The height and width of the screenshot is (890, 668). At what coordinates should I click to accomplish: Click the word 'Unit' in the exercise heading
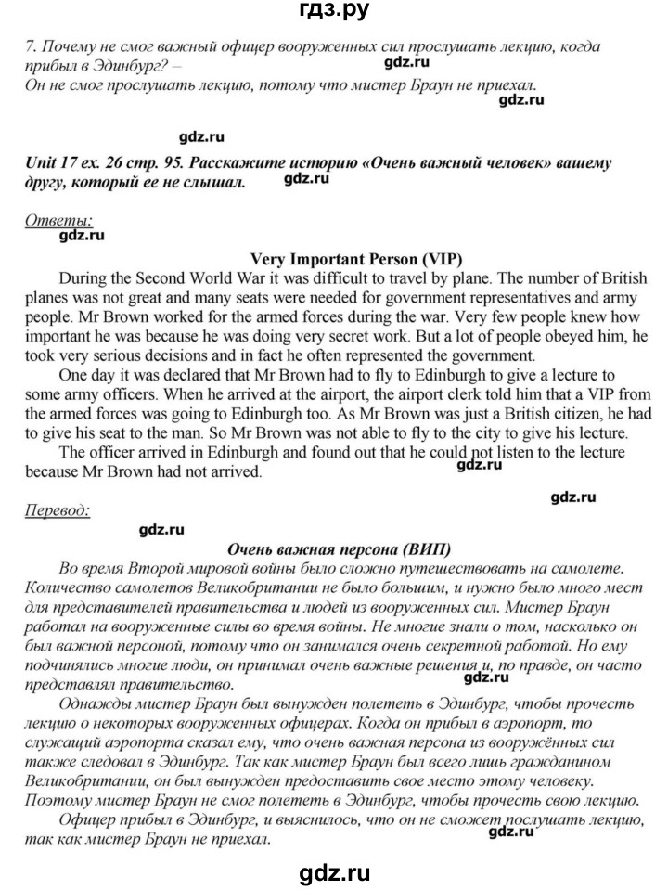coord(43,163)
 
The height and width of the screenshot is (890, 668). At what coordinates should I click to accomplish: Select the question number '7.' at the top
coord(31,47)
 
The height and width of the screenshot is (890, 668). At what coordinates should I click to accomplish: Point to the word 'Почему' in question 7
coord(65,47)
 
